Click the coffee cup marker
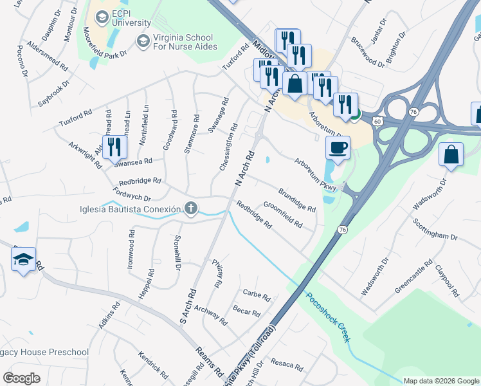(338, 149)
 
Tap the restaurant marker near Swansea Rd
(114, 147)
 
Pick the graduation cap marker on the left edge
(24, 259)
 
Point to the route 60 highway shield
(377, 121)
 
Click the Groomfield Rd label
(283, 214)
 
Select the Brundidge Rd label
(296, 200)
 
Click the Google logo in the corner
(21, 378)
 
